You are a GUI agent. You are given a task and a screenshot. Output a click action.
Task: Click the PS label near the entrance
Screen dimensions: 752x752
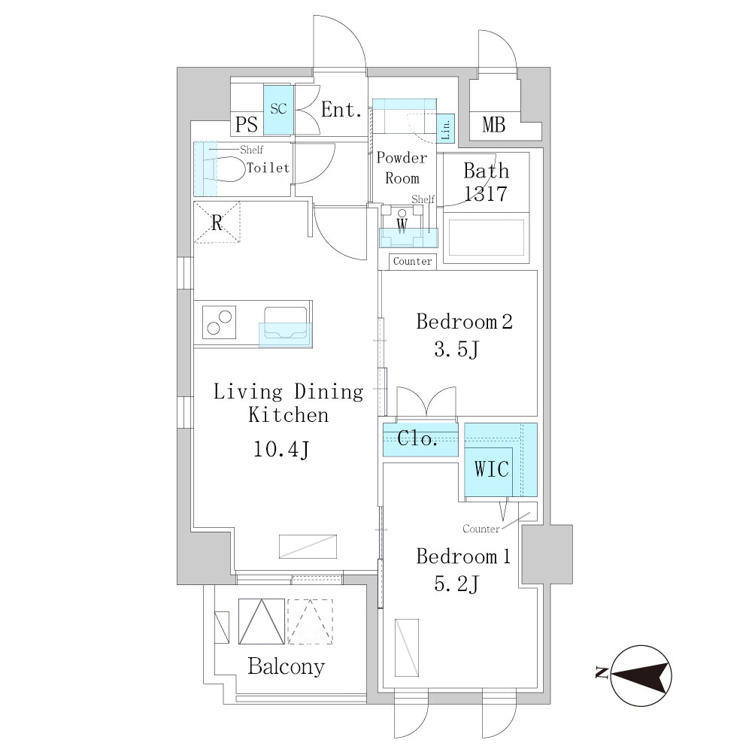[247, 125]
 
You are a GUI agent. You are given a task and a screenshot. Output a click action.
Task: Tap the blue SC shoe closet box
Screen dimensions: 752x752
[277, 110]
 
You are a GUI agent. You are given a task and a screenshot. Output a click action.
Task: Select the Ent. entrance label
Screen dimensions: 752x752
[341, 110]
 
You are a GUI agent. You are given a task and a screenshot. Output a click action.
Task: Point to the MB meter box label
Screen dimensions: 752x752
[494, 125]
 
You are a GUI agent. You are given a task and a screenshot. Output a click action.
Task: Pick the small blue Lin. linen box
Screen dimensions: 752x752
[445, 128]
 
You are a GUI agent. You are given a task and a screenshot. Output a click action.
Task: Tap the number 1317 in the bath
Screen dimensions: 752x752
[486, 194]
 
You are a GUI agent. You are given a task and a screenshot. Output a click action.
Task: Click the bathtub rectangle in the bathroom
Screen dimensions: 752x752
[487, 238]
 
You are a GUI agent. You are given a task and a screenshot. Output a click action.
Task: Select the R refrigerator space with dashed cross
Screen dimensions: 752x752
[217, 223]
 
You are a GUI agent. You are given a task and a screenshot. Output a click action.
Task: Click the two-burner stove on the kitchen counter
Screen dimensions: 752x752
[219, 323]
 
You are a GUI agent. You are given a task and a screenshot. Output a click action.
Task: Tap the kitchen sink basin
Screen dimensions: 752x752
[285, 323]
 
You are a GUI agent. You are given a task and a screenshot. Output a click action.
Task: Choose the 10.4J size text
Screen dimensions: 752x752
[281, 450]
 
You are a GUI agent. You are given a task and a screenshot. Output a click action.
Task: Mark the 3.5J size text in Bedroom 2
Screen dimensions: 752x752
[456, 349]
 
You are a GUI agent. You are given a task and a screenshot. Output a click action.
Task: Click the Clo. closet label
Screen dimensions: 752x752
[417, 438]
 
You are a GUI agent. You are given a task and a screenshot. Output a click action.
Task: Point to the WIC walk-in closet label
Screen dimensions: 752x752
[492, 468]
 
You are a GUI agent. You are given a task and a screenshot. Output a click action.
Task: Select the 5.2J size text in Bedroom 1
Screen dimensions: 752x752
[456, 584]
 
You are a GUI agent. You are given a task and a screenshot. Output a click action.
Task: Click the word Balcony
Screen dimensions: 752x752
[286, 666]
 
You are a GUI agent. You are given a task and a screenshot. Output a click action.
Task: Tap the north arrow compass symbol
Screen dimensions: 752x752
[637, 675]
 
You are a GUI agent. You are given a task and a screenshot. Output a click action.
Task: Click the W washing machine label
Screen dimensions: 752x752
[402, 225]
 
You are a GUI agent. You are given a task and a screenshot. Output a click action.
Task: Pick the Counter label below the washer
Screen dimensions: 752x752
[412, 262]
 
